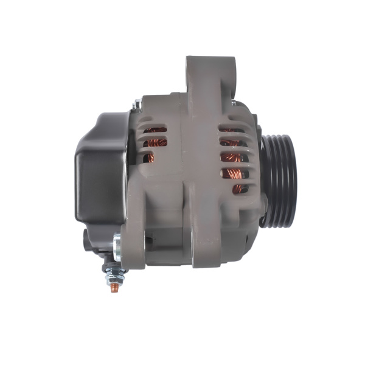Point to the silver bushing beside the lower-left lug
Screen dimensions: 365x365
pos(117,246)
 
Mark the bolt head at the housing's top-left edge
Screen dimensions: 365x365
pos(137,105)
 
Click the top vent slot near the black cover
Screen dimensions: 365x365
pos(156,130)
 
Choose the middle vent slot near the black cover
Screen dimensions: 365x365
pos(156,144)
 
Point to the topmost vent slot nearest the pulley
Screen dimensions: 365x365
pos(230,130)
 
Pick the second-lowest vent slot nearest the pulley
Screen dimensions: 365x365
pos(233,173)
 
